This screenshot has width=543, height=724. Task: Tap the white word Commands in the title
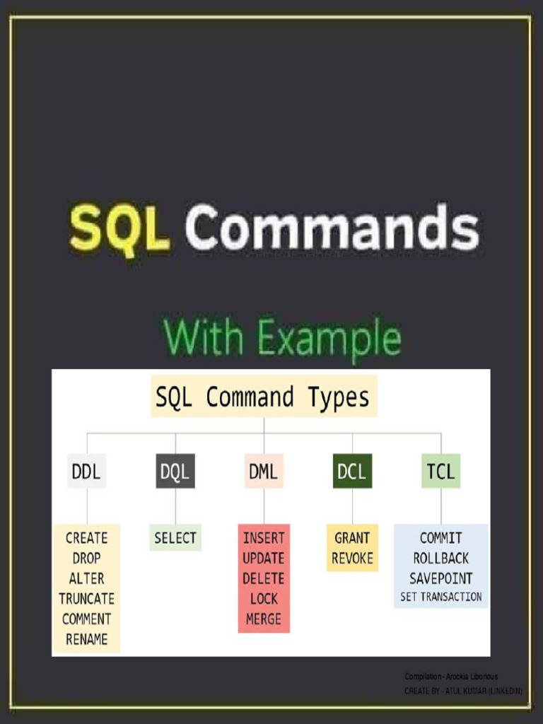point(332,228)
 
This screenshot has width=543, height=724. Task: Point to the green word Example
point(329,338)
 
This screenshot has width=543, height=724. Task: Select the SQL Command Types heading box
point(263,397)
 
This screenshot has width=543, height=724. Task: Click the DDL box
point(86,472)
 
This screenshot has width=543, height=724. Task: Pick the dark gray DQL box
point(175,472)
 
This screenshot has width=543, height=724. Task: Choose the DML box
point(264,472)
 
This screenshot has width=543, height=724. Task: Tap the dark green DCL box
point(352,472)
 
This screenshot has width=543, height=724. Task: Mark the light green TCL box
point(440,472)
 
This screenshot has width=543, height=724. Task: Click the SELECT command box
point(175,538)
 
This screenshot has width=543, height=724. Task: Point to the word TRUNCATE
point(86,599)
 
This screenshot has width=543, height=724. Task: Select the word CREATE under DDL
point(86,538)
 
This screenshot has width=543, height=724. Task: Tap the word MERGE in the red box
point(264,619)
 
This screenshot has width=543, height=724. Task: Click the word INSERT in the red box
point(264,538)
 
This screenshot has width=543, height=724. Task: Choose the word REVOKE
point(352,559)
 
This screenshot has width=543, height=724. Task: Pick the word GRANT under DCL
point(352,538)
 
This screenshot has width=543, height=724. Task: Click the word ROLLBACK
point(440,559)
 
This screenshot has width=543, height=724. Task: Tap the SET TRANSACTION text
point(440,597)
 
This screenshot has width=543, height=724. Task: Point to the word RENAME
point(86,639)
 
